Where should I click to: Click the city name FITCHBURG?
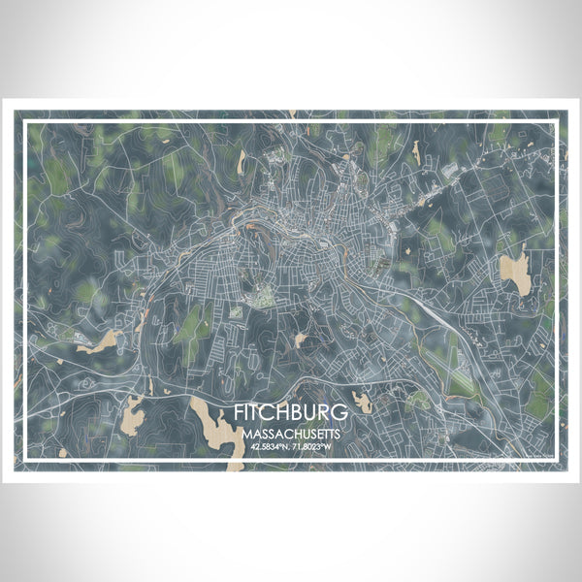pyautogui.click(x=292, y=412)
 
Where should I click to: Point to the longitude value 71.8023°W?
pyautogui.click(x=316, y=447)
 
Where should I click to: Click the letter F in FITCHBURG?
pyautogui.click(x=239, y=412)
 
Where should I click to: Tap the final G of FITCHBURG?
pyautogui.click(x=343, y=412)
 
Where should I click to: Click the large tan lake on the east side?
pyautogui.click(x=516, y=273)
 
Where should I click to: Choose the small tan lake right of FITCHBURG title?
pyautogui.click(x=363, y=401)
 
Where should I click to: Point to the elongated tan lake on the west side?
pyautogui.click(x=101, y=341)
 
